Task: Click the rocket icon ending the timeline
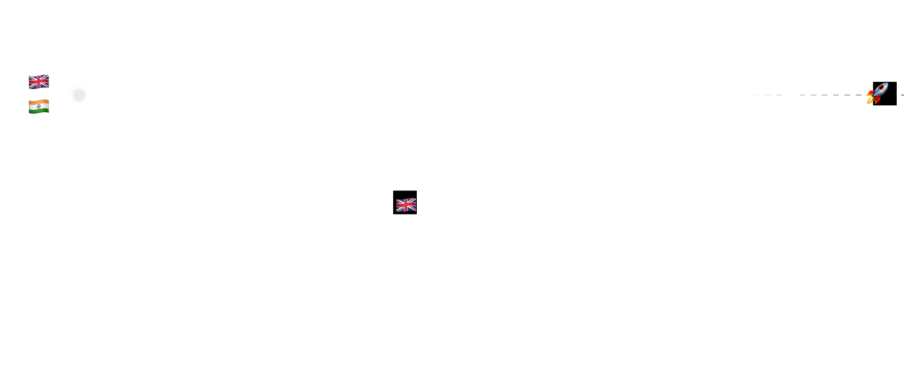[876, 94]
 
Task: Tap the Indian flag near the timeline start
[39, 106]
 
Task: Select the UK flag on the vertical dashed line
[406, 205]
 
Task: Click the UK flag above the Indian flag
[39, 82]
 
